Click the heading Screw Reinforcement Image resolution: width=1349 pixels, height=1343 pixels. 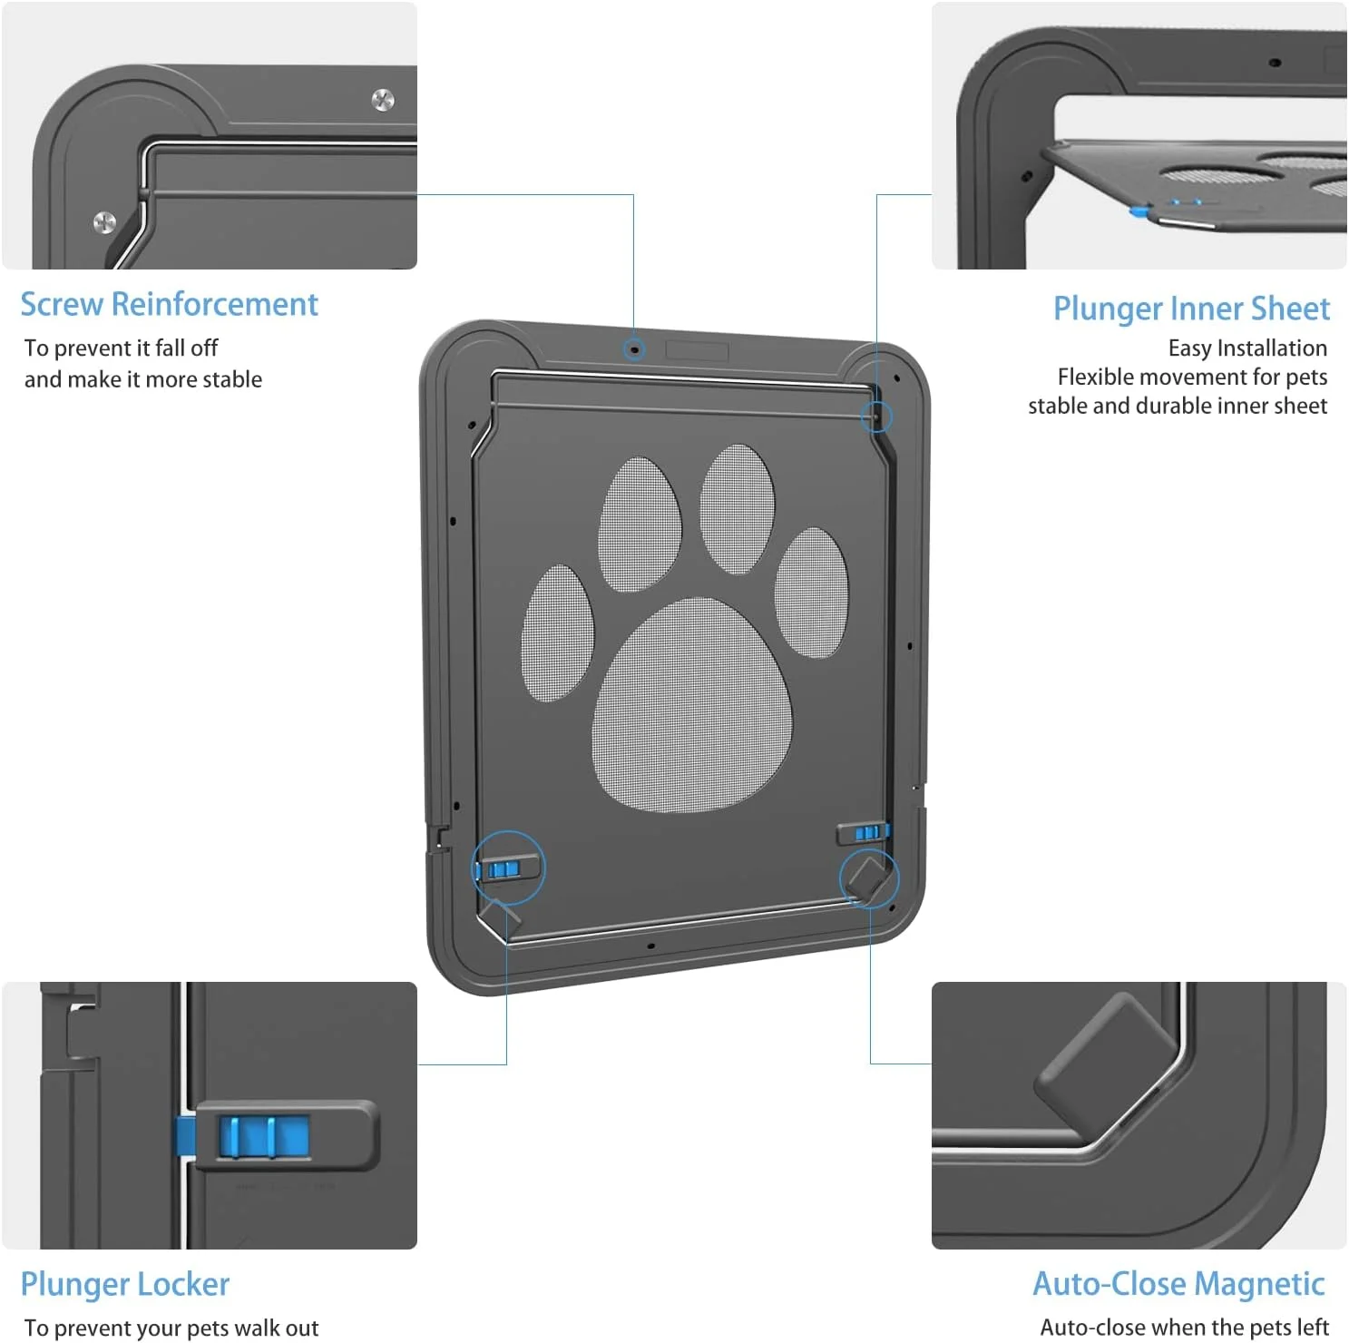point(170,304)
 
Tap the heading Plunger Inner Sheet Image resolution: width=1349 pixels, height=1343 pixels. point(1191,309)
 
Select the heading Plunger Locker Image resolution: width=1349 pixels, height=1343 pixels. point(125,1285)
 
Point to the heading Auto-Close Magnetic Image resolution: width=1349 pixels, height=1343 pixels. point(1178,1284)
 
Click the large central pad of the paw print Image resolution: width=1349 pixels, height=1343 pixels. point(691,704)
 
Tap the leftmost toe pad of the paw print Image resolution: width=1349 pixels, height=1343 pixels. point(557,632)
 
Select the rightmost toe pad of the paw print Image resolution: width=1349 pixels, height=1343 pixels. point(811,593)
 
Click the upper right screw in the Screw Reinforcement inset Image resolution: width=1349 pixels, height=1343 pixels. point(384,100)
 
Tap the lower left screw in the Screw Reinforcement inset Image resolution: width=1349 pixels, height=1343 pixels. point(105,222)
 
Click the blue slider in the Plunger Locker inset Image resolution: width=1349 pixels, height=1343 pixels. point(263,1137)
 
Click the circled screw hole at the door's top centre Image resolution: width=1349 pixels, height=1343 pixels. point(635,348)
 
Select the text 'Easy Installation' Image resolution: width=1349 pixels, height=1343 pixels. point(1247,348)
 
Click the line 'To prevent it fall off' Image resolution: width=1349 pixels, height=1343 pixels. point(121,348)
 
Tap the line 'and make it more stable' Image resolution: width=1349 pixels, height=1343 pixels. point(143,379)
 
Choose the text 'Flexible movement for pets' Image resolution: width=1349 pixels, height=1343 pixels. point(1192,377)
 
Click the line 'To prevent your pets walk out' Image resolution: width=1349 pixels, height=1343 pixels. point(171,1328)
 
